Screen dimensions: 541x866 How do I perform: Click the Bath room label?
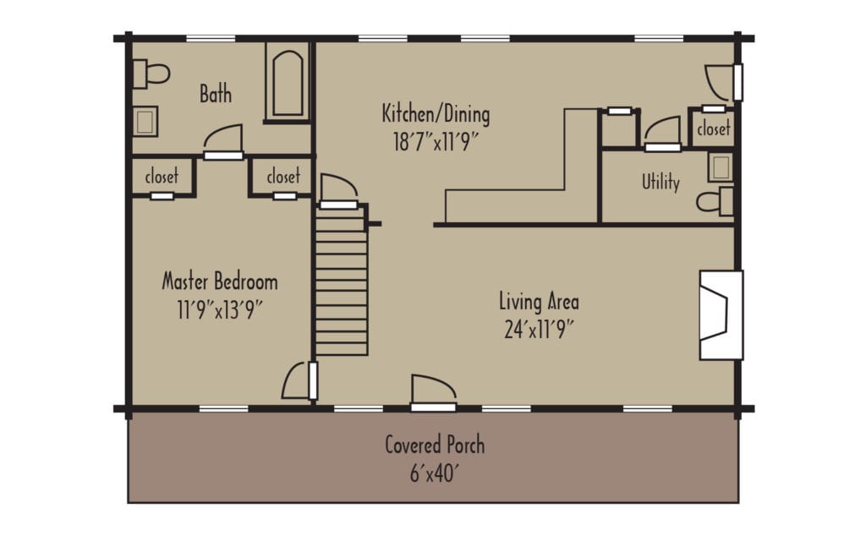coord(216,93)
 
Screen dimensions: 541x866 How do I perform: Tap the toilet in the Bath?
coord(151,74)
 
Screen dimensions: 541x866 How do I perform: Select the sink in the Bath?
coord(145,121)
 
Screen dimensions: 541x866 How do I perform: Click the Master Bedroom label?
coord(220,281)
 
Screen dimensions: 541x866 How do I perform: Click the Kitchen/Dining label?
coord(436,113)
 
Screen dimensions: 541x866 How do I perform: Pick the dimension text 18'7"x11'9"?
coord(436,141)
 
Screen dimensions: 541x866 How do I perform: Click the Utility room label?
coord(660,182)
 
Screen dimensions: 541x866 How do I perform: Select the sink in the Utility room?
coord(720,167)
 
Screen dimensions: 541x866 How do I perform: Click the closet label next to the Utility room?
coord(713,129)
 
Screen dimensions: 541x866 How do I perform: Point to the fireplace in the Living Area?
coord(720,314)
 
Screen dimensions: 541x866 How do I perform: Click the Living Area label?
coord(539,301)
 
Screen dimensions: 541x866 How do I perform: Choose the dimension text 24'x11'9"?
coord(539,329)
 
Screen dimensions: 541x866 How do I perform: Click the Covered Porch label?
coord(435,445)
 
